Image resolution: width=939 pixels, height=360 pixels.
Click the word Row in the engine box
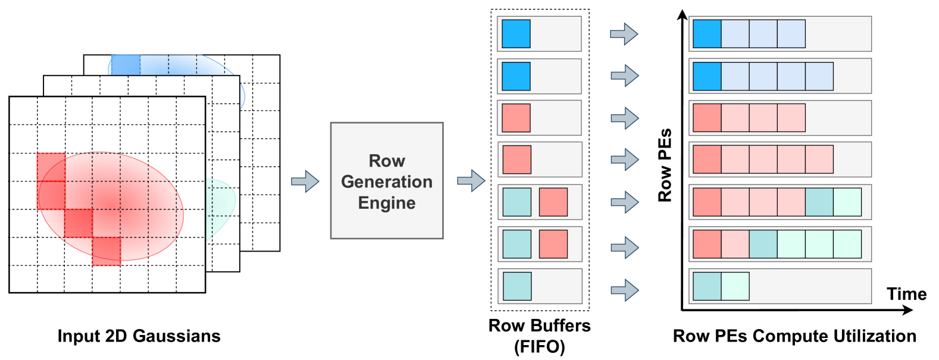[x=387, y=161]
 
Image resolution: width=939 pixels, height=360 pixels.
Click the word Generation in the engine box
[x=387, y=181]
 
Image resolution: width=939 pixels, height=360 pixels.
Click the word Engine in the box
[x=387, y=203]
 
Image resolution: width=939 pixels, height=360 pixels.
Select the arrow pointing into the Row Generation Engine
[x=305, y=181]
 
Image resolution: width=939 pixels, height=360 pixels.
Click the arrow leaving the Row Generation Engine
[x=471, y=180]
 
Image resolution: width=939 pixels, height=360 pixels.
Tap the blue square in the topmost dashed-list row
[x=516, y=34]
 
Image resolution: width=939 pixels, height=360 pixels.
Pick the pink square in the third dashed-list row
[x=516, y=118]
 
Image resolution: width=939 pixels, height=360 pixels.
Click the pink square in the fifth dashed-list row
[x=553, y=202]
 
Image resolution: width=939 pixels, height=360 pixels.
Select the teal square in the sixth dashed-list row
[x=517, y=244]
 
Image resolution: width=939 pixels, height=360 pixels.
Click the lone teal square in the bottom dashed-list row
[x=517, y=286]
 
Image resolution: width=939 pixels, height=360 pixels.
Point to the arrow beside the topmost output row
[x=624, y=34]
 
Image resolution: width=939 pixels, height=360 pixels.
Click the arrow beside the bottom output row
[x=624, y=290]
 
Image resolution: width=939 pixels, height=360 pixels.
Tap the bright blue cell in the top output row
[x=707, y=34]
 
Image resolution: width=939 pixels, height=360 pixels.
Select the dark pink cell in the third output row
[x=707, y=118]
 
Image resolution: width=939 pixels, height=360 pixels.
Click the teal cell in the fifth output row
[x=819, y=202]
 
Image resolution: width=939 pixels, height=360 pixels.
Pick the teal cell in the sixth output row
[x=763, y=244]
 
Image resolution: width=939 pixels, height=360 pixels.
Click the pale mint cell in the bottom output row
[x=735, y=286]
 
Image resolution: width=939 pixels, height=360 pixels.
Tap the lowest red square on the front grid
[x=107, y=251]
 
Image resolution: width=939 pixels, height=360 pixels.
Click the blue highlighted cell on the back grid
[x=126, y=64]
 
